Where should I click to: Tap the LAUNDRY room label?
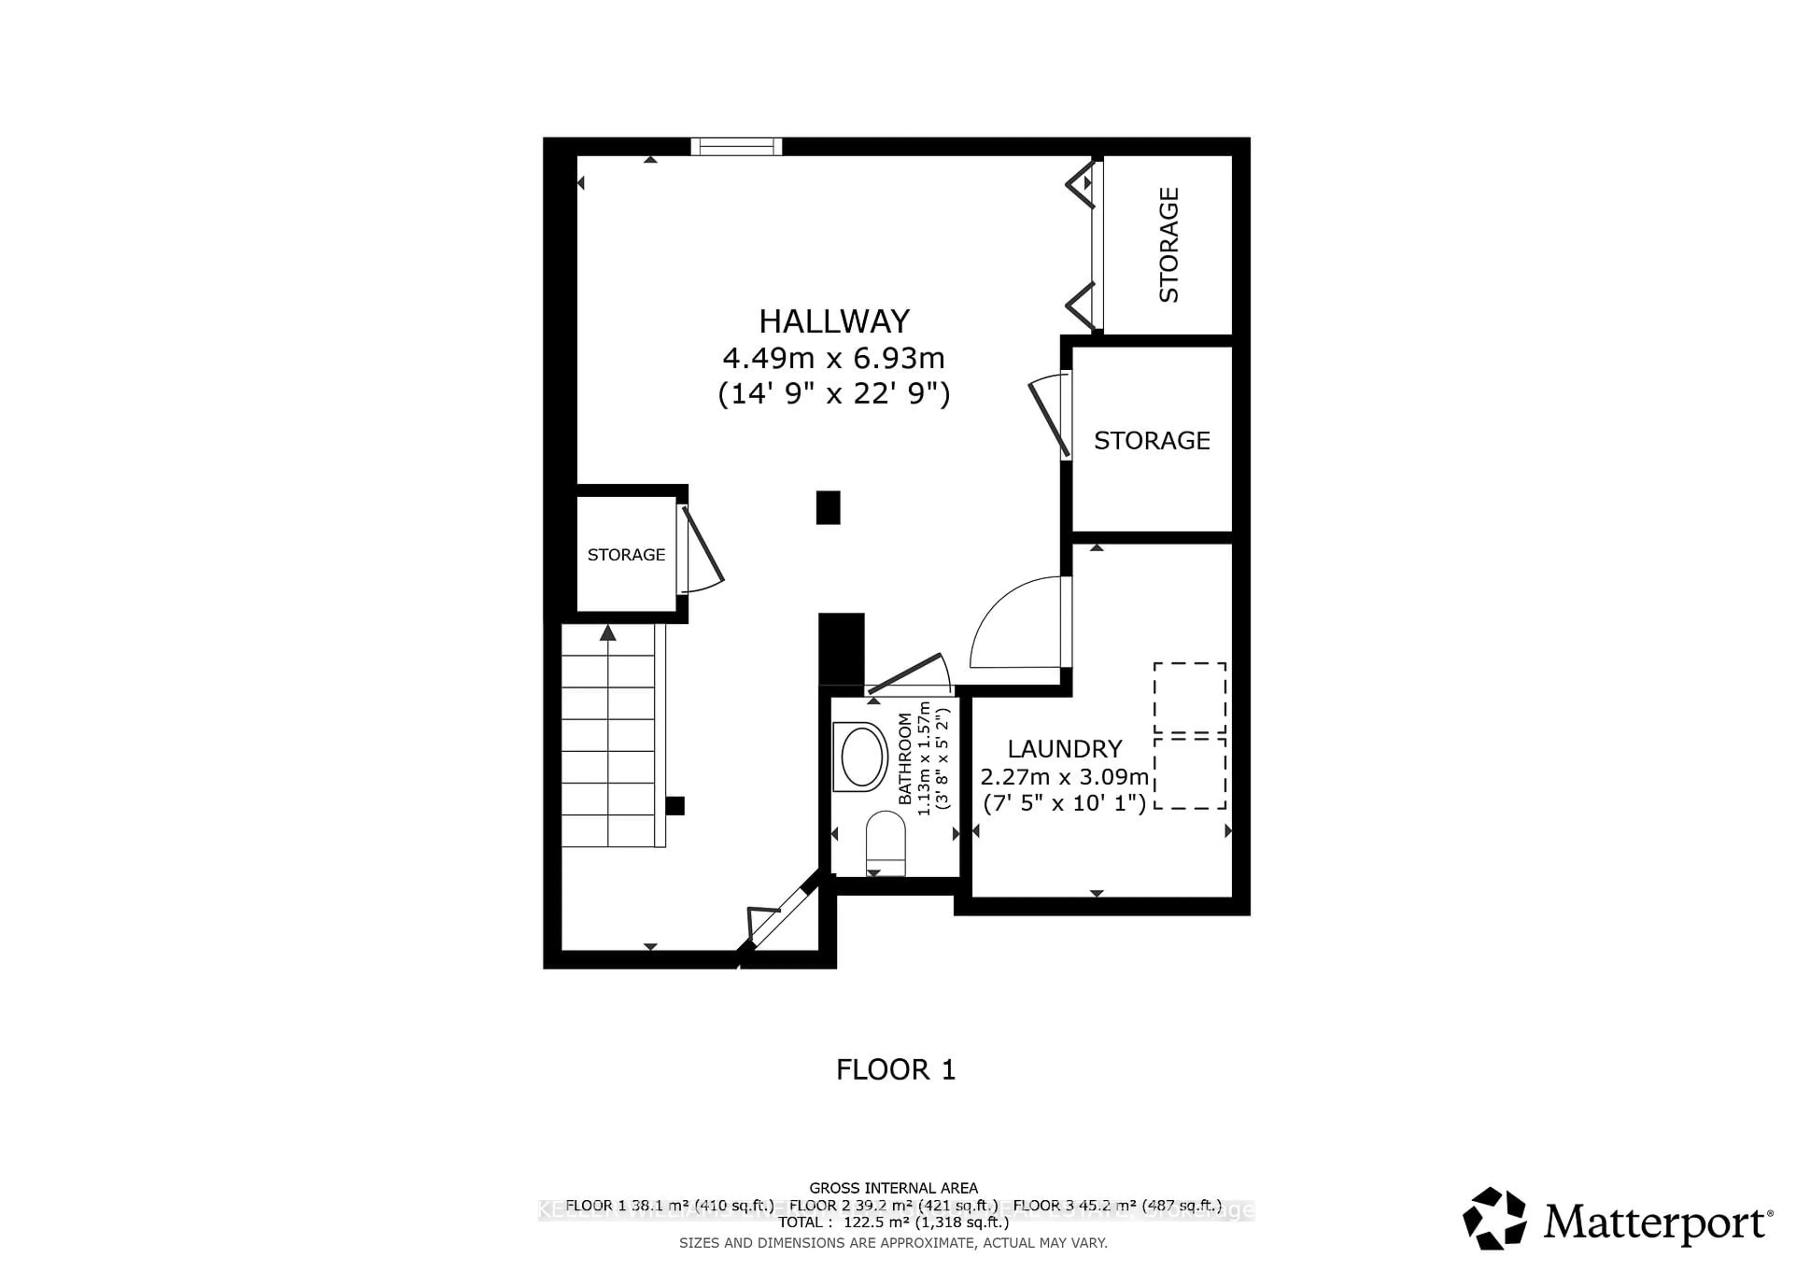coord(1065,749)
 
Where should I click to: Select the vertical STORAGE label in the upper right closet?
coord(1168,245)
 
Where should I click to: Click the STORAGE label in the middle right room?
coord(1152,440)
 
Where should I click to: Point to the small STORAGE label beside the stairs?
coord(626,554)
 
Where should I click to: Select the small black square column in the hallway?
coord(828,507)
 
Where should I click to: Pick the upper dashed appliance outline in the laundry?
coord(1189,697)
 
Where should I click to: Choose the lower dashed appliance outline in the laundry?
coord(1189,773)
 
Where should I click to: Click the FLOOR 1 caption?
coord(896,1070)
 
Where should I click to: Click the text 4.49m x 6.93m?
coord(834,359)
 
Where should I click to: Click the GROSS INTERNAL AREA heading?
coord(893,1188)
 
